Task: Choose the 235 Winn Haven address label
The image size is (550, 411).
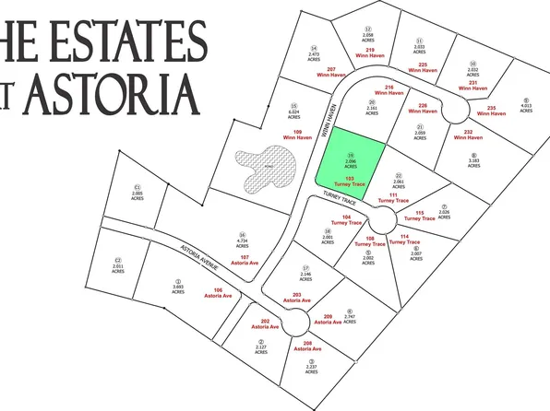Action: click(498, 111)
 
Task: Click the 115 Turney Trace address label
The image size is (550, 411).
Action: click(425, 217)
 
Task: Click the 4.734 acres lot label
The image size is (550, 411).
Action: click(242, 243)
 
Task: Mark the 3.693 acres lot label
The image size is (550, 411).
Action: click(178, 285)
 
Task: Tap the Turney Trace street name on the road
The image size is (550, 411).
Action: click(340, 200)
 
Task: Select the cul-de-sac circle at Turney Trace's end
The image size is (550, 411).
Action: click(381, 221)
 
